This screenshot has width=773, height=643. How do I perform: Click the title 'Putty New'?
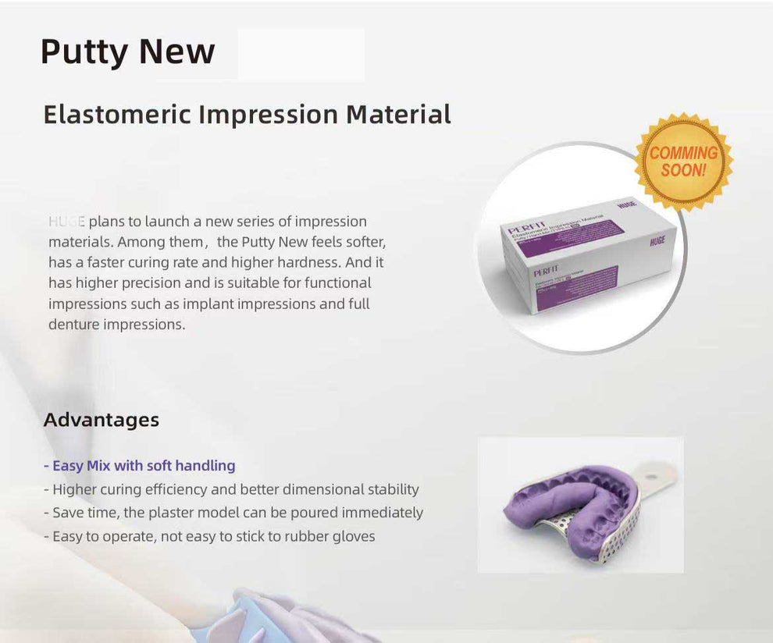(127, 52)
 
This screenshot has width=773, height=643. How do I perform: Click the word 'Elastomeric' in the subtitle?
(117, 114)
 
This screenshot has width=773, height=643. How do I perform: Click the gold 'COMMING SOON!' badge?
(683, 162)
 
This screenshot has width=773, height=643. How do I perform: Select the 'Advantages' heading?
(102, 420)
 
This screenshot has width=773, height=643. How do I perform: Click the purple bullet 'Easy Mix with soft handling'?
(140, 466)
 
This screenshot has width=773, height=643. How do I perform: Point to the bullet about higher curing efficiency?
(231, 489)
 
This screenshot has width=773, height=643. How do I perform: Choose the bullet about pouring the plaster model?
(233, 513)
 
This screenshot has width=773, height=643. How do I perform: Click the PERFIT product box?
(582, 254)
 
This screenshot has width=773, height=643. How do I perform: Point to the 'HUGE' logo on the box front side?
(657, 242)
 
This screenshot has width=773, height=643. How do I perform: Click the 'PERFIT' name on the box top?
(525, 228)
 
